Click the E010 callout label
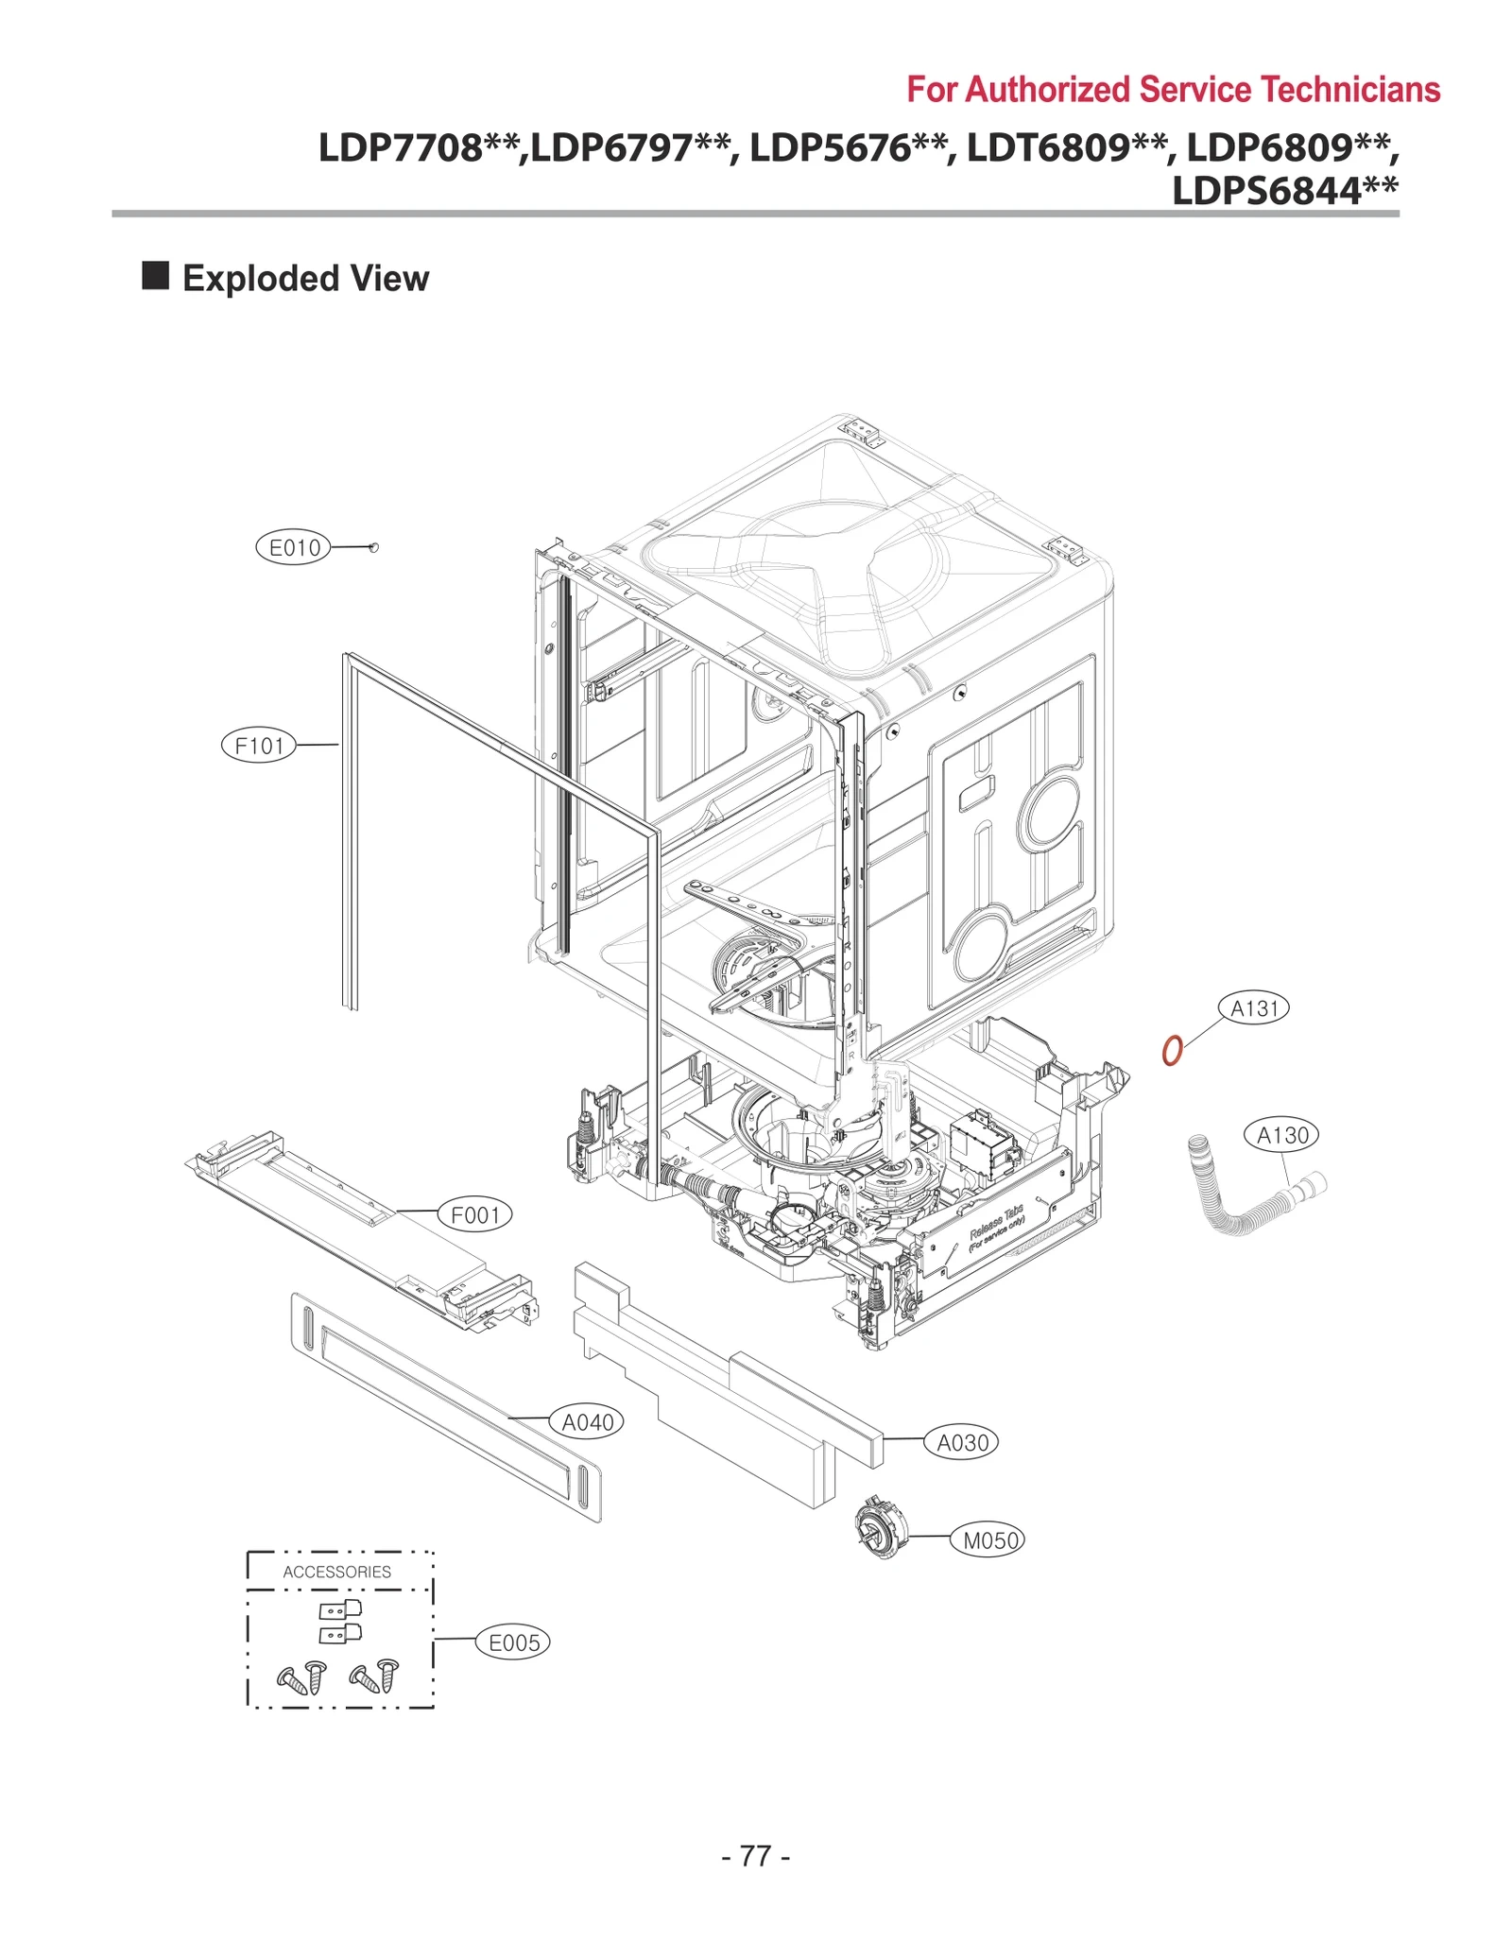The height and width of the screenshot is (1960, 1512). pos(294,547)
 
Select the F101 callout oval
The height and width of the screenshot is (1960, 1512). pos(258,746)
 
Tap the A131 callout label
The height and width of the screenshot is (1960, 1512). pos(1253,1008)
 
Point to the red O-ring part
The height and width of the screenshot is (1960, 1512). pos(1172,1050)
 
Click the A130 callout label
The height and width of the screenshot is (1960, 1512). pos(1281,1135)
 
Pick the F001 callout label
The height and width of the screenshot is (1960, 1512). pos(474,1214)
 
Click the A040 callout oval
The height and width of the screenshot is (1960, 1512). pos(586,1422)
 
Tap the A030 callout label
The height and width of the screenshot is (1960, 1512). pos(961,1443)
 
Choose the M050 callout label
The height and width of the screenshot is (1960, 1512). pos(988,1540)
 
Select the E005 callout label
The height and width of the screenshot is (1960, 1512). pos(512,1642)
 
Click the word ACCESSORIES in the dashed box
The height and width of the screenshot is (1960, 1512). pos(336,1572)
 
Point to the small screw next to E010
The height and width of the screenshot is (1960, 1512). pos(373,547)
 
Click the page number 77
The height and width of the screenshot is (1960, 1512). pos(755,1856)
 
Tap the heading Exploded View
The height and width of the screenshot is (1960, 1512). pos(305,279)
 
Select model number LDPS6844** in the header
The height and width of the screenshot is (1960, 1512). pos(1284,191)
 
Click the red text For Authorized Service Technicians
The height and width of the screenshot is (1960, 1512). pos(1173,90)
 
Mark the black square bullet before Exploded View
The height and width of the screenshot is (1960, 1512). pos(155,276)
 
